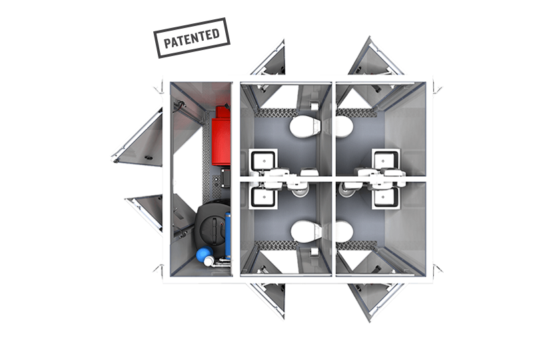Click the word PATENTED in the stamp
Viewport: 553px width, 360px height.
click(x=192, y=38)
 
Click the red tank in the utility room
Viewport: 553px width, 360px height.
click(x=221, y=136)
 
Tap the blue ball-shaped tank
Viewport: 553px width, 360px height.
click(x=204, y=253)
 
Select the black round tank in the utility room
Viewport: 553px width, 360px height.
click(x=211, y=225)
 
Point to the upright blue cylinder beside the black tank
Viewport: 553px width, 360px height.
click(x=228, y=235)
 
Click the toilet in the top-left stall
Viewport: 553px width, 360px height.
click(x=304, y=127)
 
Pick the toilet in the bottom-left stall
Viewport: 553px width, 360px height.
click(x=306, y=231)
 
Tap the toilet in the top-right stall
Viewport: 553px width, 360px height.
click(x=344, y=127)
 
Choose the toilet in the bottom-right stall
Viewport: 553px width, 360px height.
click(x=344, y=231)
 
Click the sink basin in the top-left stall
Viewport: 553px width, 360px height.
click(x=263, y=160)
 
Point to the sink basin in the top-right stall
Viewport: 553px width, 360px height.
click(x=386, y=160)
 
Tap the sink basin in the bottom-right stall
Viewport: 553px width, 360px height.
click(x=386, y=197)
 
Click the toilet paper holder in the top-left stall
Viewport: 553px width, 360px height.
click(x=314, y=105)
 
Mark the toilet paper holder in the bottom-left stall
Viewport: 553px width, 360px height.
click(x=314, y=251)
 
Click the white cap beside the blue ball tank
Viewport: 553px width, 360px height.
click(x=209, y=261)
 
